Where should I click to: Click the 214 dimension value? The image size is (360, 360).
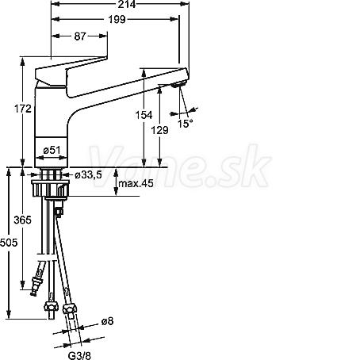click(x=127, y=4)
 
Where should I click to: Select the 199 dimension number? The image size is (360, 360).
click(x=117, y=19)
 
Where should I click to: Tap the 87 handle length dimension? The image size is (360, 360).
click(x=80, y=36)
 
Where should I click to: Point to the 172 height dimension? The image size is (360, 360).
click(x=23, y=109)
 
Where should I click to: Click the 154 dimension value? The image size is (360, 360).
click(x=144, y=115)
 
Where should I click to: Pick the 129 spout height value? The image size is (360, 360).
click(x=159, y=130)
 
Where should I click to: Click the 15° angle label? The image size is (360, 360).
click(x=185, y=123)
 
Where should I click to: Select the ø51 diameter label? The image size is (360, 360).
click(x=52, y=151)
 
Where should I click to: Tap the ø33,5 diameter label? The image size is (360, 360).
click(x=88, y=174)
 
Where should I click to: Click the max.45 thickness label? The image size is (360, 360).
click(x=136, y=183)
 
